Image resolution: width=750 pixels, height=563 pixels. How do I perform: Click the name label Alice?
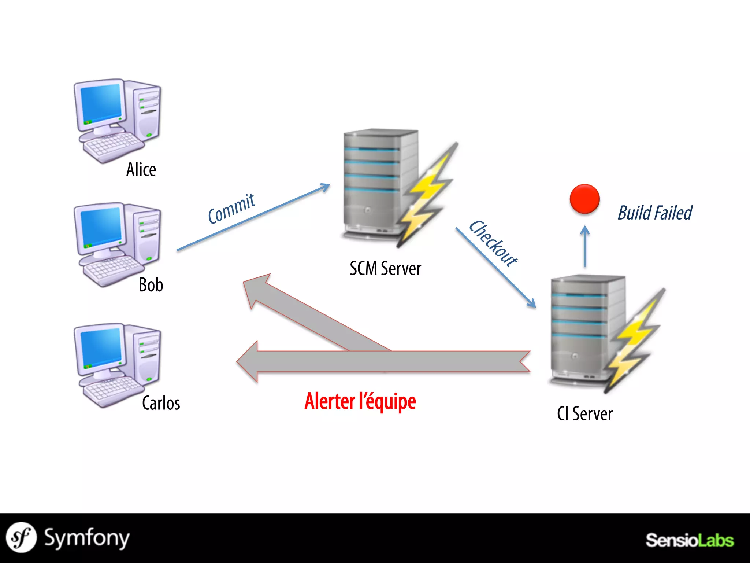[x=141, y=170]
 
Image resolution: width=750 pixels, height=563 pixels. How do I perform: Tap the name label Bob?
[x=151, y=285]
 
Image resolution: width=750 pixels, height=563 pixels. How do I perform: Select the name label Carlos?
[x=161, y=403]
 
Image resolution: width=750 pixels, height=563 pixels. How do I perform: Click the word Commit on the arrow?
[x=231, y=209]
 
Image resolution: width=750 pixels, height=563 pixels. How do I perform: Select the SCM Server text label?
[x=385, y=268]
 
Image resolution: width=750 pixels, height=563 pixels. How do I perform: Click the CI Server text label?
[x=584, y=414]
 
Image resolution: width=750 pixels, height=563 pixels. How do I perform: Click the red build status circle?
[x=584, y=199]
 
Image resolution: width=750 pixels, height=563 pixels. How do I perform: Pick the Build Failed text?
[x=655, y=213]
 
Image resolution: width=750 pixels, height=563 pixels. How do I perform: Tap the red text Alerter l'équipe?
[x=360, y=401]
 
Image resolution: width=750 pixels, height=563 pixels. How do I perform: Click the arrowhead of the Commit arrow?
[x=325, y=187]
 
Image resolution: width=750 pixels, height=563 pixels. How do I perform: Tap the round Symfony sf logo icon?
[x=21, y=537]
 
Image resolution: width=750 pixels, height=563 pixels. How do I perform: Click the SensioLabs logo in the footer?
[x=689, y=540]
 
